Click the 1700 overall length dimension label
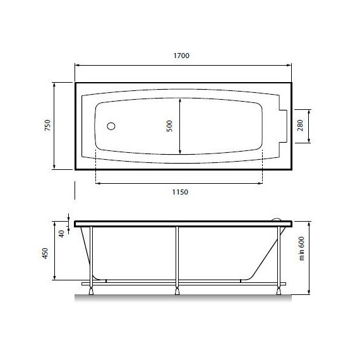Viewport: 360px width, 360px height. [181, 56]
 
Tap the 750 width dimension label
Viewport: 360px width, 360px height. [47, 125]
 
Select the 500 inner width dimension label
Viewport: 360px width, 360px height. [169, 126]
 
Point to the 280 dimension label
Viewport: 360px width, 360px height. [300, 125]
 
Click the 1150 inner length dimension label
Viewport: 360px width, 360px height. [180, 192]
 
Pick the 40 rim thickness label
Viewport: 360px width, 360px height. [61, 234]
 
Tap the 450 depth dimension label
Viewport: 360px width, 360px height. [45, 253]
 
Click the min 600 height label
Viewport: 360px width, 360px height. [301, 248]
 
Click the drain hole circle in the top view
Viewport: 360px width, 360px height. [111, 126]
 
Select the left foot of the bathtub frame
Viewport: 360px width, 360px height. [91, 291]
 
